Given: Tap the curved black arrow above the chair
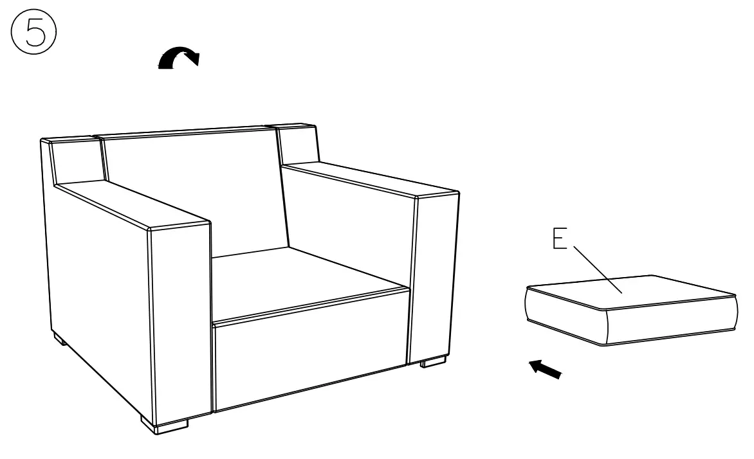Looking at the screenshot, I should tap(179, 59).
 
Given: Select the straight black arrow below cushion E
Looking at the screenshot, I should tap(546, 370).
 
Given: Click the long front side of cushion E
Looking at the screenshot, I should tap(669, 325).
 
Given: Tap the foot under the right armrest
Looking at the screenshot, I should tap(433, 363).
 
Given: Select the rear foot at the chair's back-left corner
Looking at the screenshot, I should tap(60, 339).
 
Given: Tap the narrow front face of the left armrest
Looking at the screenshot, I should tap(180, 321).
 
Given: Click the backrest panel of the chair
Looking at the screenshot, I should tap(193, 193).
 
